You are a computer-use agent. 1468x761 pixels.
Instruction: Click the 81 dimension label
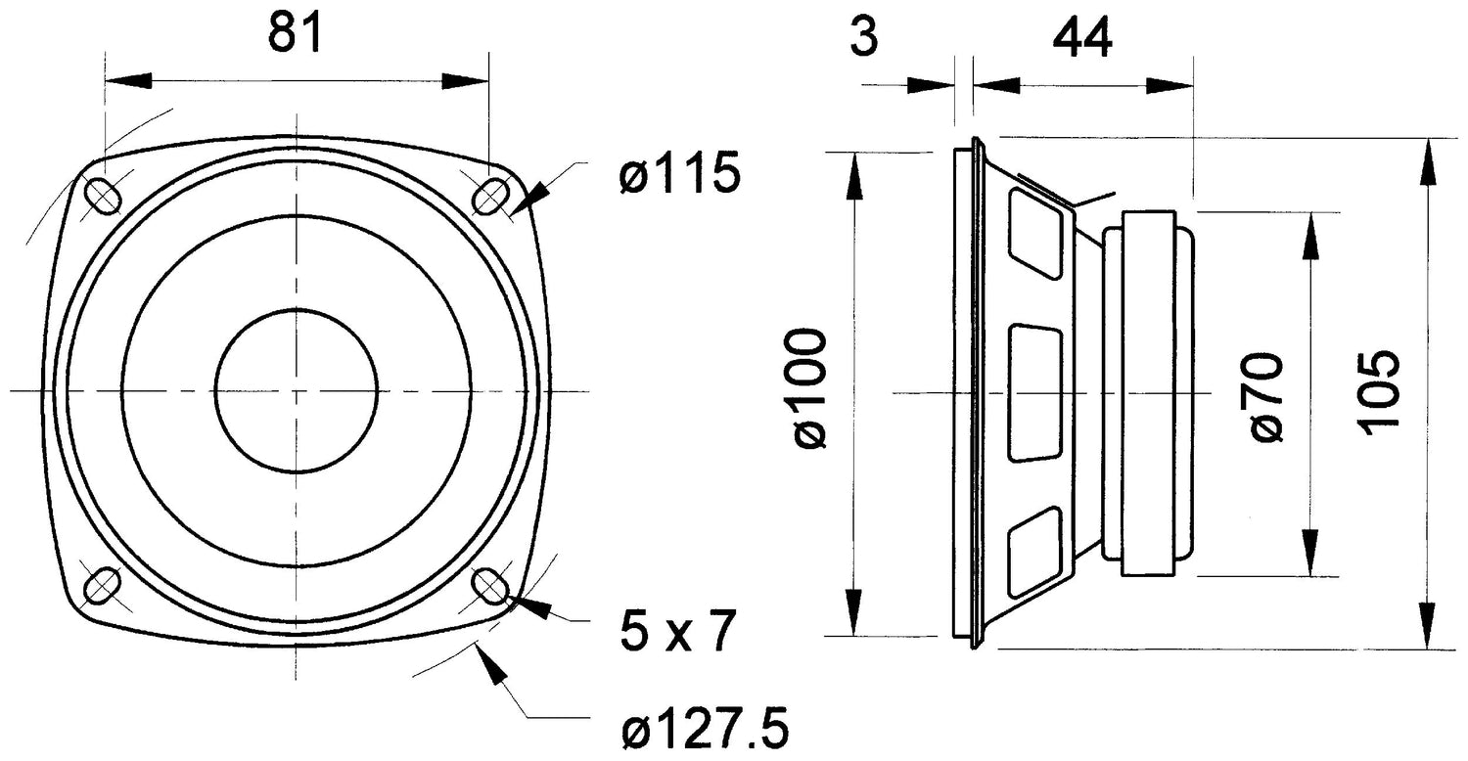[295, 36]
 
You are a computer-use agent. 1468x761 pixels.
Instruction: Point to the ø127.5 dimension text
[705, 730]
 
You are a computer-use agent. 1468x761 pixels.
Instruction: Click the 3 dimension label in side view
[863, 38]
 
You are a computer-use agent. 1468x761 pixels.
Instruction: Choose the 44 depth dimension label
[1081, 38]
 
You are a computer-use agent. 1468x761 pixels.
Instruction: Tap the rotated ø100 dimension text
[811, 389]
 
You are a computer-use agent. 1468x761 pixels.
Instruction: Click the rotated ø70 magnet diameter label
[1264, 396]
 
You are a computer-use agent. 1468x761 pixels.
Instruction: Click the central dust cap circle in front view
[296, 391]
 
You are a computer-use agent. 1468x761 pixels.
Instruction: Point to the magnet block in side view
[1147, 393]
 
